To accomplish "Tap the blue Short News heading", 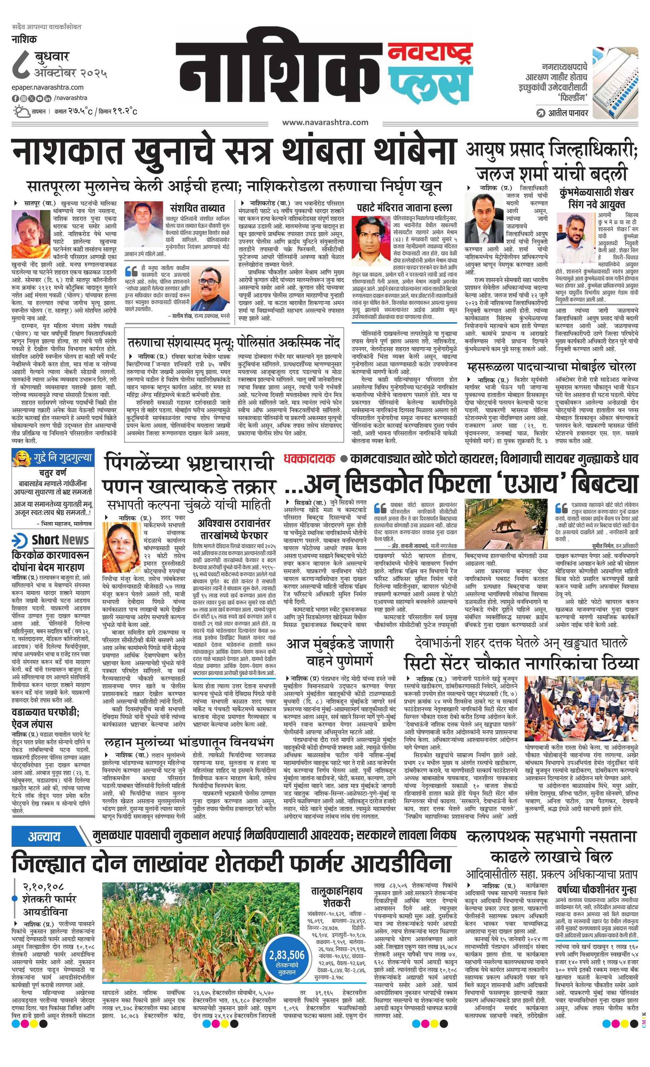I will pos(51,540).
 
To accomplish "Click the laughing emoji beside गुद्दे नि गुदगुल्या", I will pos(19,457).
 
